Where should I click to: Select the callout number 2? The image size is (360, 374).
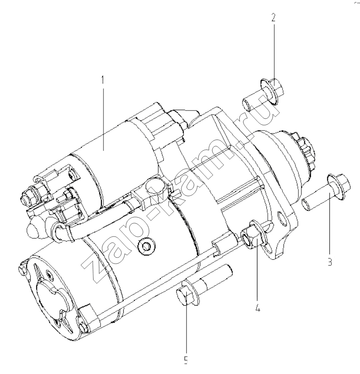273,18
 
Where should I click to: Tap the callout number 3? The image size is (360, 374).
330,262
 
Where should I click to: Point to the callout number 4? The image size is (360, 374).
257,309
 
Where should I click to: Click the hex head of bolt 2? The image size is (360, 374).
278,89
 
